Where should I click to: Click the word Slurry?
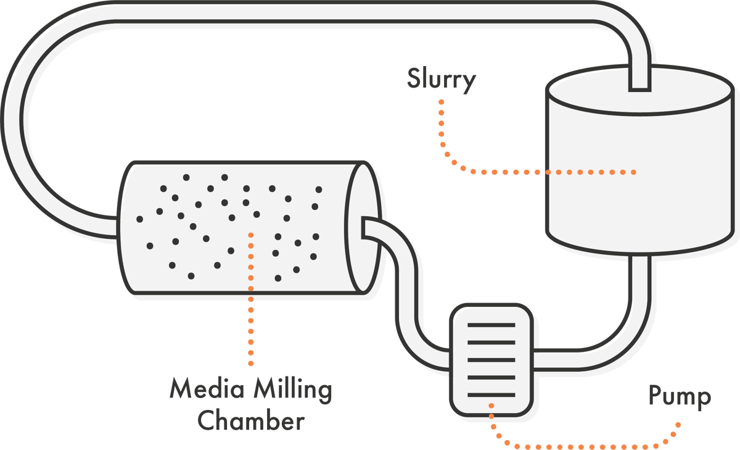[x=441, y=80]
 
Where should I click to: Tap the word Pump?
[x=679, y=397]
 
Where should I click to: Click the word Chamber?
[x=253, y=422]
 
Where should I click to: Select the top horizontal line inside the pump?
[x=491, y=325]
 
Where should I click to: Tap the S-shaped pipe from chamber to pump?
[x=407, y=290]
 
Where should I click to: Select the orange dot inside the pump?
[x=491, y=406]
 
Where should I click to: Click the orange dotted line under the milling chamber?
[x=251, y=321]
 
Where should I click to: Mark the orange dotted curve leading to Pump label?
[x=586, y=446]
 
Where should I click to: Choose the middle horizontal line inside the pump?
[x=491, y=359]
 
